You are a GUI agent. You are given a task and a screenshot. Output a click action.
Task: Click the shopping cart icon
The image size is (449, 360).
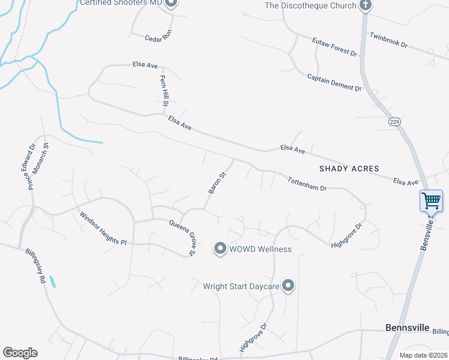(432, 201)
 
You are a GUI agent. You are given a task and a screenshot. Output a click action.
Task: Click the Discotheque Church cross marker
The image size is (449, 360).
(364, 5)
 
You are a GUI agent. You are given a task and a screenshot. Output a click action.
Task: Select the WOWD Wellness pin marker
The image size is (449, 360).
(220, 248)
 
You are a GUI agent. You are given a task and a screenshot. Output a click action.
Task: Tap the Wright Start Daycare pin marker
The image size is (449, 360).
(289, 286)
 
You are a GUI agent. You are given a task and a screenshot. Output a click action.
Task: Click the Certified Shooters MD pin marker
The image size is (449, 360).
(170, 3)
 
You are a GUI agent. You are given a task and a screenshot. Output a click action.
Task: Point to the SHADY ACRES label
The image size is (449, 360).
(349, 169)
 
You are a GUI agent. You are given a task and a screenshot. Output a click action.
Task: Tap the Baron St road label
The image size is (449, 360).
(217, 183)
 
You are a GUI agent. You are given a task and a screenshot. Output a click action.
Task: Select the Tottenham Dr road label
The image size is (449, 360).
(307, 184)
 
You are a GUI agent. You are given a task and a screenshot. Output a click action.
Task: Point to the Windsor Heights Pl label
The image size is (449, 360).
(103, 229)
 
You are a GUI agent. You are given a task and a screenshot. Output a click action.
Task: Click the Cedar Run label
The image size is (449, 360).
(158, 37)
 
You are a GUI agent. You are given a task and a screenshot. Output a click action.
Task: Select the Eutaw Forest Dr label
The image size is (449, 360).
(334, 47)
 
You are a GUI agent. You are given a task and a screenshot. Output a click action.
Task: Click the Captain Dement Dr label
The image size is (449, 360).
(334, 82)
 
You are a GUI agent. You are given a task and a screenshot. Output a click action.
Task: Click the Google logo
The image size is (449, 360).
(20, 353)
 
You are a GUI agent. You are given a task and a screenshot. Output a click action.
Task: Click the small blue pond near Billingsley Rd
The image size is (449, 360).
(52, 280)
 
